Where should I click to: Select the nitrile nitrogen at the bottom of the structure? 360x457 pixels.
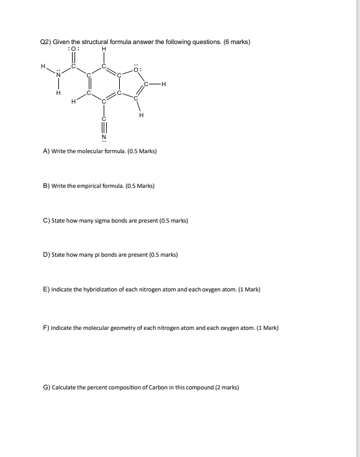pos(104,136)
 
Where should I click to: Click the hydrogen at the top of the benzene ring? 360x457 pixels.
pos(104,50)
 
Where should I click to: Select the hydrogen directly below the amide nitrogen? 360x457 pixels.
pos(58,94)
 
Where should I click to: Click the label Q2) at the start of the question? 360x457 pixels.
pos(45,42)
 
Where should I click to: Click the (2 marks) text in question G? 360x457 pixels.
pos(227,388)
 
